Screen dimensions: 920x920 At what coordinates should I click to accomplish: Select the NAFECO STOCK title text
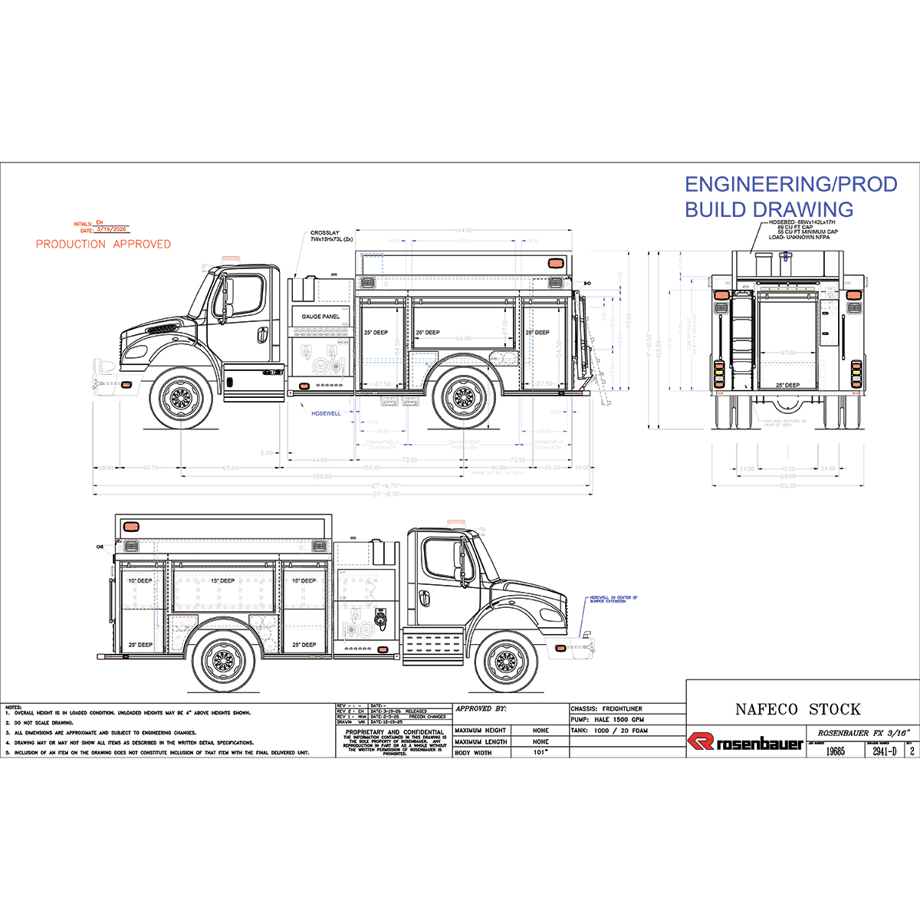[797, 709]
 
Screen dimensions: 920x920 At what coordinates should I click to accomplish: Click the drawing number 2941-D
[884, 752]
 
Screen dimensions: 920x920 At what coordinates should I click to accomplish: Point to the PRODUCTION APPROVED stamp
[103, 244]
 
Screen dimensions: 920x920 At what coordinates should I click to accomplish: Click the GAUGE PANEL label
[320, 317]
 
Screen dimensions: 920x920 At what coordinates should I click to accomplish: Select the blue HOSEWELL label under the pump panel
[326, 413]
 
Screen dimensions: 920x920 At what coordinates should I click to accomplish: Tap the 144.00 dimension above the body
[464, 230]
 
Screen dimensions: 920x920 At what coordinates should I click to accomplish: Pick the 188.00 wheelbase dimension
[322, 477]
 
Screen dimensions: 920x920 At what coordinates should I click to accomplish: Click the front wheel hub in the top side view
[181, 398]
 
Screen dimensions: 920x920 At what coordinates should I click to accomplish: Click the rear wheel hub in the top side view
[463, 398]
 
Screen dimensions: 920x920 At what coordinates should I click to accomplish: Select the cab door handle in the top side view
[263, 334]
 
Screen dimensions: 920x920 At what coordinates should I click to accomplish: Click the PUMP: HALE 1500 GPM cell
[607, 720]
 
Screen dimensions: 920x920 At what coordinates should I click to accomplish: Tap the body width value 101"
[540, 753]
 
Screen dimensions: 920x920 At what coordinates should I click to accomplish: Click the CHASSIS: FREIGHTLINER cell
[606, 709]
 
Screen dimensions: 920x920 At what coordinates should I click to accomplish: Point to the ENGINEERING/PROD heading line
[790, 185]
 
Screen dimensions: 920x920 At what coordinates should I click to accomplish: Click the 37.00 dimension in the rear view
[787, 353]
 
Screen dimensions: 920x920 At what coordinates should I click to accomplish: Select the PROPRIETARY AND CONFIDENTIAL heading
[395, 732]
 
